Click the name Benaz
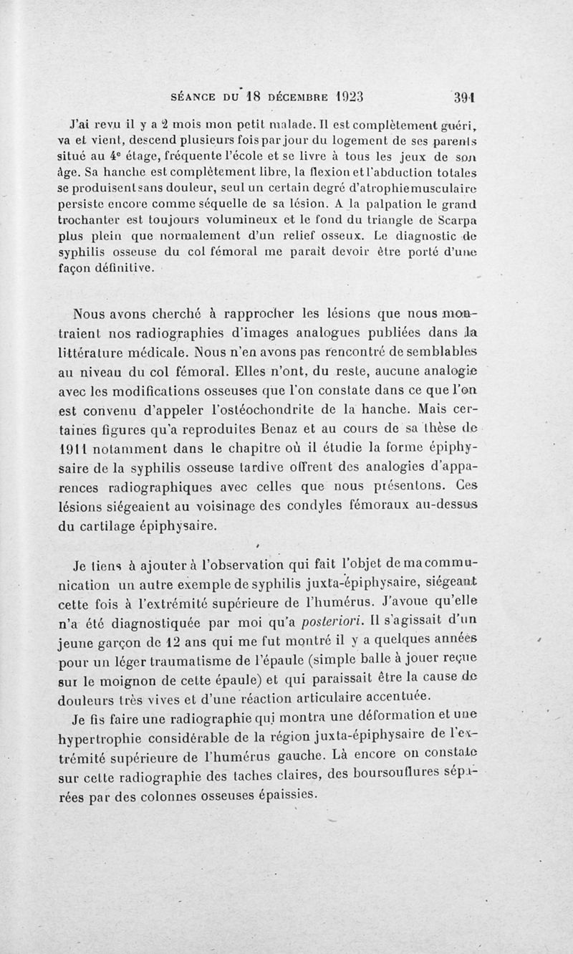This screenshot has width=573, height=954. (328, 430)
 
